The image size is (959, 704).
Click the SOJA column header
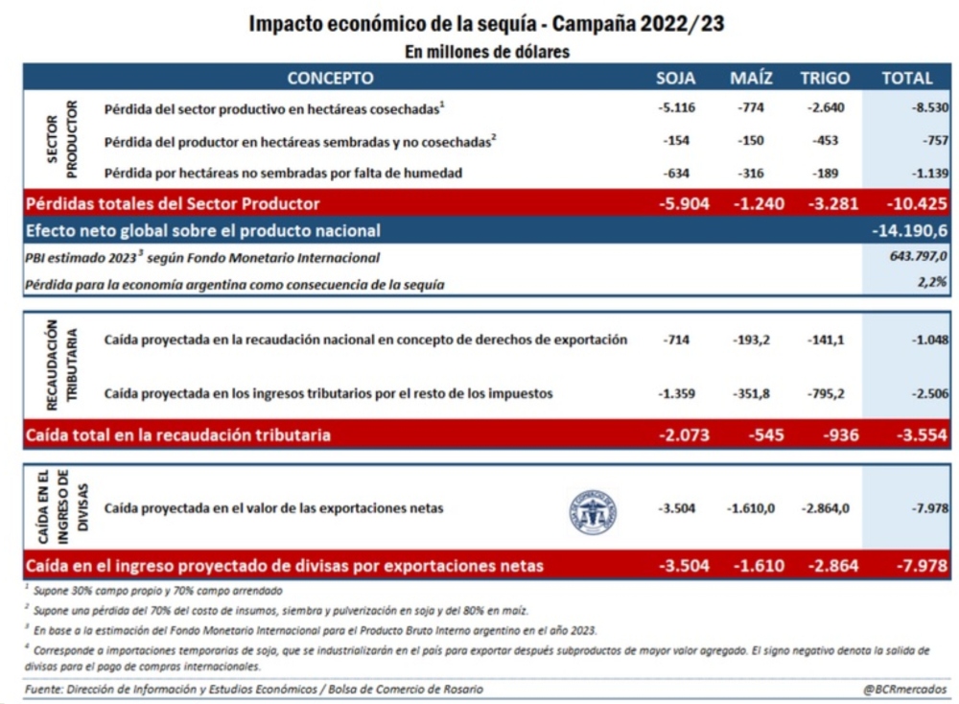[x=676, y=78]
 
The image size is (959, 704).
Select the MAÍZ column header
[x=751, y=78]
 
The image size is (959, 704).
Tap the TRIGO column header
[x=825, y=78]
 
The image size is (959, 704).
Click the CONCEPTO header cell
[x=331, y=78]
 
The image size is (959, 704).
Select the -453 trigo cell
[x=825, y=141]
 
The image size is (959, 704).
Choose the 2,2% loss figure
[x=933, y=283]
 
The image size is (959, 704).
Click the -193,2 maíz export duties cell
[x=751, y=340]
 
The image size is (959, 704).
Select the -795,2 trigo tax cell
[x=825, y=393]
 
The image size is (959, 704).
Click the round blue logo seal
[x=593, y=510]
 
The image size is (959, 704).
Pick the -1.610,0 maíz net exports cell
[x=751, y=508]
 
